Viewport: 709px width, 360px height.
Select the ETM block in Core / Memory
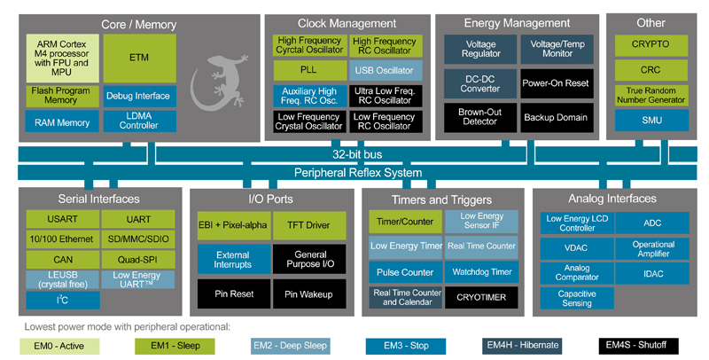tap(140, 58)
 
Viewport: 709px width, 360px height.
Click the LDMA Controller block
tap(140, 120)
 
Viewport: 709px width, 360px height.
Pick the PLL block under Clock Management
tap(307, 70)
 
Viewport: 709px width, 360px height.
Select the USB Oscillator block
tap(383, 70)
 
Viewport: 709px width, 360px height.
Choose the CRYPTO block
tap(651, 43)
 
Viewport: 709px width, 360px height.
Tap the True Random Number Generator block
tap(651, 94)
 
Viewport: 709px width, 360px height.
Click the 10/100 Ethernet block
tap(61, 239)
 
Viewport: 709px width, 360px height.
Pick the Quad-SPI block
tap(137, 259)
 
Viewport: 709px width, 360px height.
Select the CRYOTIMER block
tap(481, 297)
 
